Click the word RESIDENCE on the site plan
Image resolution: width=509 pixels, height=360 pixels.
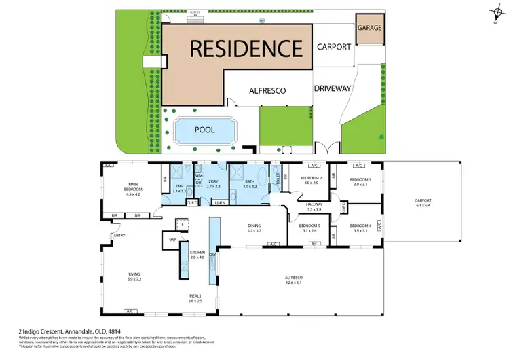(x=246, y=49)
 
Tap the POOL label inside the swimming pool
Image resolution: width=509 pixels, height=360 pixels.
(x=204, y=130)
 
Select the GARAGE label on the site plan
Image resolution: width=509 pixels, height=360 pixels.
(x=370, y=29)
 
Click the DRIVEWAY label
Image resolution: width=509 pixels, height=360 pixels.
(x=333, y=88)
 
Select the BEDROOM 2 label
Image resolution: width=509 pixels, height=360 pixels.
(x=312, y=179)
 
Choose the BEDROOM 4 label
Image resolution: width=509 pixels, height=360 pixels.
(x=360, y=226)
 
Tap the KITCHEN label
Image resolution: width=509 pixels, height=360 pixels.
(x=197, y=253)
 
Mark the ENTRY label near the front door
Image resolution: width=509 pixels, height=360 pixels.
(x=120, y=236)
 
